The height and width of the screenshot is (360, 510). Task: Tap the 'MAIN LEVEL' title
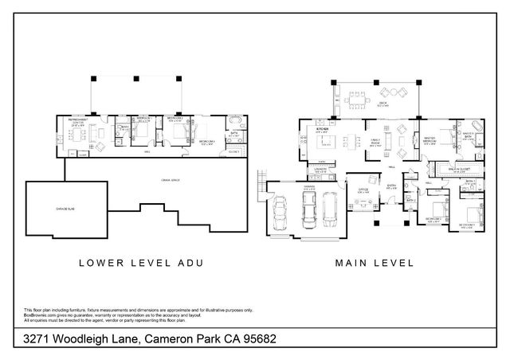click(375, 260)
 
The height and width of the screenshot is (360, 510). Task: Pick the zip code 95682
click(277, 340)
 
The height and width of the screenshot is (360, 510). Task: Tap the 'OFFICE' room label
click(363, 190)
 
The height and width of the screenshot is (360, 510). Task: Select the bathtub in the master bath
click(478, 127)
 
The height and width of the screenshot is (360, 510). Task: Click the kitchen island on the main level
click(324, 144)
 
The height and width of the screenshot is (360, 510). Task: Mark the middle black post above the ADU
click(137, 80)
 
